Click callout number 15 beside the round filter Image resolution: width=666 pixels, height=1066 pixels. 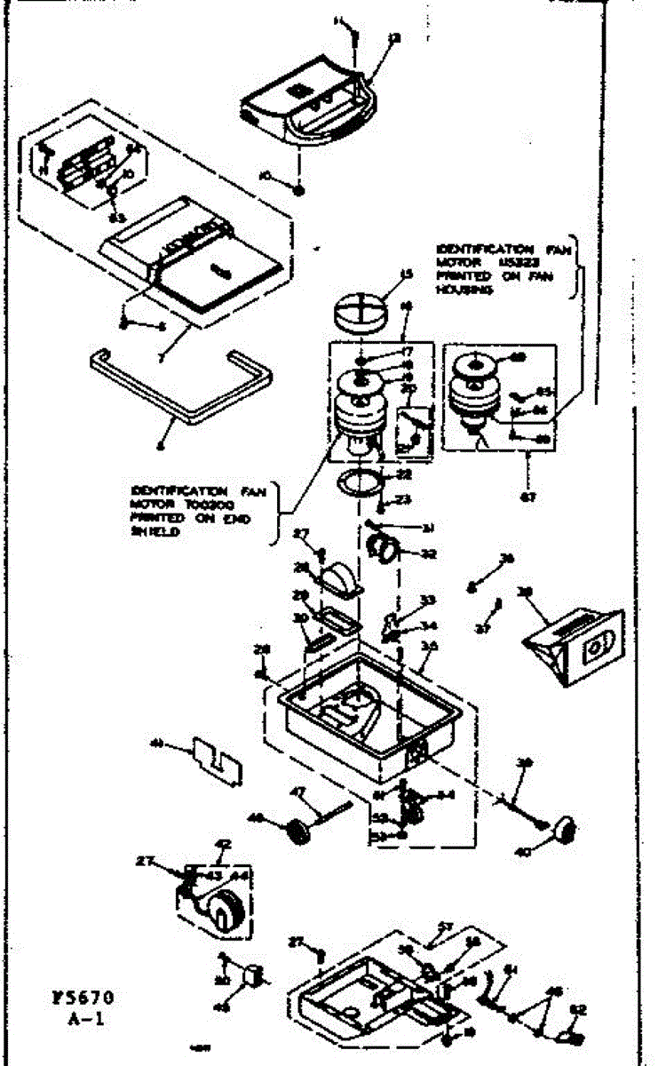[x=407, y=275]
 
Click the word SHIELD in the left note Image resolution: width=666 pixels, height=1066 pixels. [x=150, y=534]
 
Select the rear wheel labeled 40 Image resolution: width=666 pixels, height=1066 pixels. [x=562, y=829]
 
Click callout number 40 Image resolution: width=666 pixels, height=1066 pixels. [x=523, y=852]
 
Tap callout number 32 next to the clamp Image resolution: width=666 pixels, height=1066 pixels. [x=429, y=553]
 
